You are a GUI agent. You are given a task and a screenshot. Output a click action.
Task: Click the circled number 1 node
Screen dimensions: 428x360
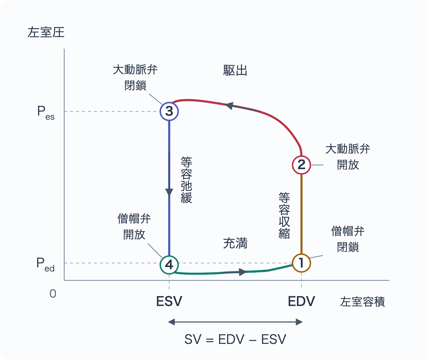point(301,263)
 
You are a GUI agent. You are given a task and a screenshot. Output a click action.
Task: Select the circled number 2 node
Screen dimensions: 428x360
point(301,165)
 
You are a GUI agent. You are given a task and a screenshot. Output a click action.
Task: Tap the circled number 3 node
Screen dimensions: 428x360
point(169,111)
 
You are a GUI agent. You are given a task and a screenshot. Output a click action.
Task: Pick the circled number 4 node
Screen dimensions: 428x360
point(169,265)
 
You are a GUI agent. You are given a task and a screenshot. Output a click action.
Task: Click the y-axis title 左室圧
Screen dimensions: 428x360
point(46,32)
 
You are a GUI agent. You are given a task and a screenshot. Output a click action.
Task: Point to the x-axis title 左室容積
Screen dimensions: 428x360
point(363,301)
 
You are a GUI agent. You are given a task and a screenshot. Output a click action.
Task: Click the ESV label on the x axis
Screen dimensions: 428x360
point(169,301)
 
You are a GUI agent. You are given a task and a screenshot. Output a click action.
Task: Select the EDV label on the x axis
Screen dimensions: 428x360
point(301,301)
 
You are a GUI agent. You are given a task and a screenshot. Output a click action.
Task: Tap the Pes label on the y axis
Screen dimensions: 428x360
point(46,113)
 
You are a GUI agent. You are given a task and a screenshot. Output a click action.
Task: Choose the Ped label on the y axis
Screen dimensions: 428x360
point(45,264)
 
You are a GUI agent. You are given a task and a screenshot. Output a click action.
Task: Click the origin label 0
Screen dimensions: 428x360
point(53,294)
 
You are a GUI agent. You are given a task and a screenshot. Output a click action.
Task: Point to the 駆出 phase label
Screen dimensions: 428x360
point(235,70)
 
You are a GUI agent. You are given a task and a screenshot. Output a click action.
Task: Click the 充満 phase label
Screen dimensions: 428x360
point(235,243)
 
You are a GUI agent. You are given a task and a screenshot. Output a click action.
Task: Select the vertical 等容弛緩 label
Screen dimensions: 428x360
point(186,180)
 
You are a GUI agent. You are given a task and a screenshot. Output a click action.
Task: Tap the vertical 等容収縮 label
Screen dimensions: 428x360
point(284,215)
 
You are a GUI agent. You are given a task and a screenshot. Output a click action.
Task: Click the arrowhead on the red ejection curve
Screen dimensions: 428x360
point(229,105)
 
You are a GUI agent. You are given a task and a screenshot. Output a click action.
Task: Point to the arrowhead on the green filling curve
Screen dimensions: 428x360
point(243,272)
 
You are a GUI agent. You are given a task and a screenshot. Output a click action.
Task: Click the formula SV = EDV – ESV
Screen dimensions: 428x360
point(235,339)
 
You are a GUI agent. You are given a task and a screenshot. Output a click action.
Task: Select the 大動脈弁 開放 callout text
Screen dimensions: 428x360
point(348,157)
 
